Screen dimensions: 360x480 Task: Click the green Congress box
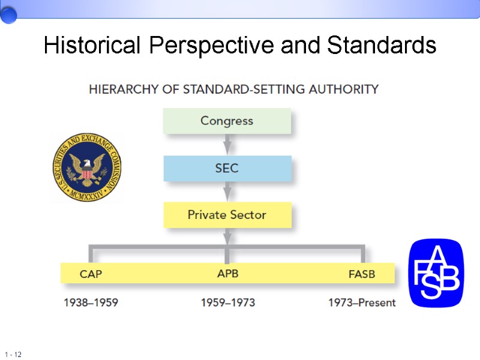(227, 121)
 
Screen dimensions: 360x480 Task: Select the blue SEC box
(227, 168)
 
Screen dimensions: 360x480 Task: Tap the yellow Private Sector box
(227, 215)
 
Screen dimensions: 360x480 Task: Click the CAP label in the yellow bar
(91, 274)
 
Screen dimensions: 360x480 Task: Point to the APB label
(227, 274)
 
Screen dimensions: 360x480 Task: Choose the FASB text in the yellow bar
(361, 274)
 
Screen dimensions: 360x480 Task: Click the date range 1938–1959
(91, 302)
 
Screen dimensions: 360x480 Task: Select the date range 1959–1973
(227, 302)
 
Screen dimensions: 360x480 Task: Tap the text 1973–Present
(362, 302)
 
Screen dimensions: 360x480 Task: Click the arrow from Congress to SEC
(227, 145)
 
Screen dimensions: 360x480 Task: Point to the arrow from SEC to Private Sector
(227, 191)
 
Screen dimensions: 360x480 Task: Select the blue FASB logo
(436, 273)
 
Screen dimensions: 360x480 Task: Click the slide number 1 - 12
(13, 355)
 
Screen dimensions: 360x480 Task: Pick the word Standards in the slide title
(382, 45)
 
